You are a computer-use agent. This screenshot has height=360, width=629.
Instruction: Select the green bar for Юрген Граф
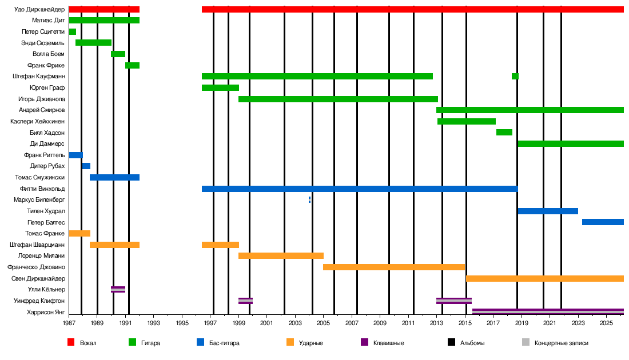(x=220, y=87)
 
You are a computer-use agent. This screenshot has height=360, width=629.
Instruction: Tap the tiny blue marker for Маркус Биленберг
(x=309, y=199)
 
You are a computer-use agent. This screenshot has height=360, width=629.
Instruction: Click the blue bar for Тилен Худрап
(x=547, y=211)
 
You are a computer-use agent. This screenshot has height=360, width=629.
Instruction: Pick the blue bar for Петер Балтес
(x=602, y=222)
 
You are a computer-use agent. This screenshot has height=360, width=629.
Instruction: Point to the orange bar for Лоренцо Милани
(x=281, y=255)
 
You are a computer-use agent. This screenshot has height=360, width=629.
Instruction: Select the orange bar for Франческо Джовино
(x=393, y=267)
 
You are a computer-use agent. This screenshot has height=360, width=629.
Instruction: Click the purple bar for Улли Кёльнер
(x=118, y=289)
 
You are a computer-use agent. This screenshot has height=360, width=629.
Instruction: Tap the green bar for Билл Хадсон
(x=504, y=132)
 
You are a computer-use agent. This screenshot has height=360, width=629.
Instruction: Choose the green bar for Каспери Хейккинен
(x=466, y=121)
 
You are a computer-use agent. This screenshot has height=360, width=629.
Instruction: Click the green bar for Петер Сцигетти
(x=72, y=31)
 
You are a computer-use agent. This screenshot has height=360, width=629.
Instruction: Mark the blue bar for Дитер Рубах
(x=86, y=166)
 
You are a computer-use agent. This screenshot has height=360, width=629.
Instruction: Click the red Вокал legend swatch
(x=71, y=342)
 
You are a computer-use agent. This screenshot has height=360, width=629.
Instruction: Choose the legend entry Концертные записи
(x=561, y=343)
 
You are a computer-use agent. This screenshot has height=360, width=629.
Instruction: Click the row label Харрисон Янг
(x=46, y=312)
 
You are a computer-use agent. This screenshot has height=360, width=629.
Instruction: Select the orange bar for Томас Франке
(x=79, y=233)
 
